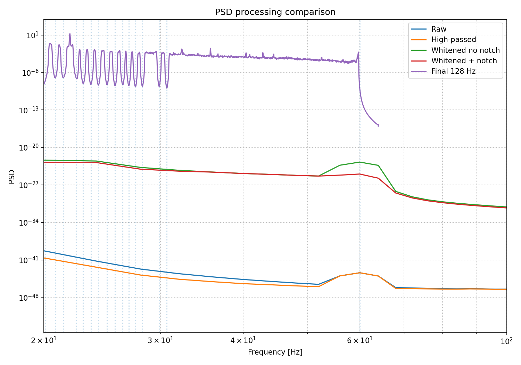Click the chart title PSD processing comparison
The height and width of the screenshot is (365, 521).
click(275, 12)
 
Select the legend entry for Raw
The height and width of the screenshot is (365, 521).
click(428, 29)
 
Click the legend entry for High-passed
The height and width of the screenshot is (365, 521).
click(443, 40)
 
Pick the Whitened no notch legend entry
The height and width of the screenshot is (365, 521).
click(455, 50)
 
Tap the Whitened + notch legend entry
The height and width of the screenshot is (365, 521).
click(454, 60)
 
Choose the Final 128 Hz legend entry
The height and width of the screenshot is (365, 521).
click(443, 71)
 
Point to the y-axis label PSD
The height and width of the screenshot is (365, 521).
click(11, 177)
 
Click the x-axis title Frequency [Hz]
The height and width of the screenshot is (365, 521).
click(275, 352)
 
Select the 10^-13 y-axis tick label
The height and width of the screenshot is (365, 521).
click(29, 110)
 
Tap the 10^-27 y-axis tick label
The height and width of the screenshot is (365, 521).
click(29, 185)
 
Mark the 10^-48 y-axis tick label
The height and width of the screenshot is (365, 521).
click(29, 298)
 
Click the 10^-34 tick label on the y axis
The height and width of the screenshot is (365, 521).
click(29, 222)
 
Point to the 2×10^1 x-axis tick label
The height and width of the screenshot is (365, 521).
click(44, 341)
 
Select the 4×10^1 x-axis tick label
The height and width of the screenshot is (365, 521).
click(243, 341)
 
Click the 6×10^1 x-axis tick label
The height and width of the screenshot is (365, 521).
click(360, 341)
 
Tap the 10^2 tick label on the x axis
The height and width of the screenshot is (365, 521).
click(506, 341)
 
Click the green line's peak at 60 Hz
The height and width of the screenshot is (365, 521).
click(360, 162)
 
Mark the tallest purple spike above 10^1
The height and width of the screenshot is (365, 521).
click(70, 34)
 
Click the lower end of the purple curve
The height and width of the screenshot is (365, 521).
click(379, 126)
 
